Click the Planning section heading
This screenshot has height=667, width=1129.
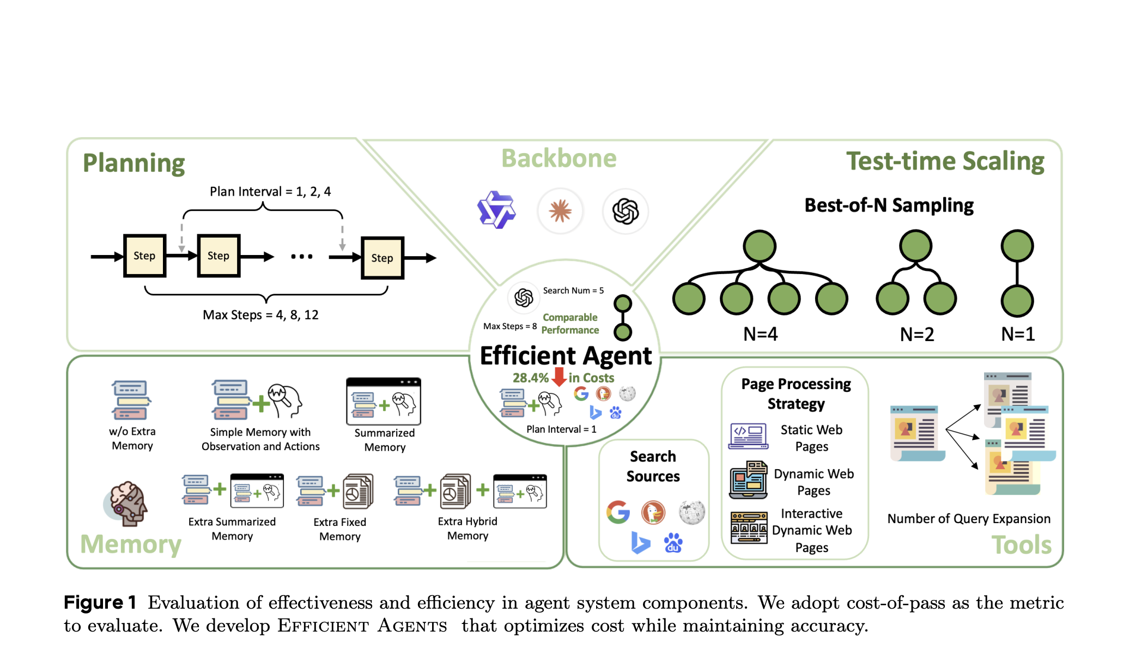(x=133, y=163)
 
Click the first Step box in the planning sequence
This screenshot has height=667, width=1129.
(x=144, y=256)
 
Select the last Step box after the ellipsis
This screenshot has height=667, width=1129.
(x=382, y=258)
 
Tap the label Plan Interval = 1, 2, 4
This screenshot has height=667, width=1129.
(x=270, y=192)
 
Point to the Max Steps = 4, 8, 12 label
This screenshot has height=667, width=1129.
(x=260, y=315)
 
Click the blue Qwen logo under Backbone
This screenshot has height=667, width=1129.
(x=496, y=210)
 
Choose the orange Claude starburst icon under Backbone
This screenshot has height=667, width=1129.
(x=560, y=211)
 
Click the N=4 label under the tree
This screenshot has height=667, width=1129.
(x=760, y=333)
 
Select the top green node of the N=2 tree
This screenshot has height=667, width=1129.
(x=915, y=246)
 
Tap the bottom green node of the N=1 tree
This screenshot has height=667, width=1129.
(x=1017, y=300)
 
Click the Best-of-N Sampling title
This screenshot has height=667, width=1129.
(x=889, y=205)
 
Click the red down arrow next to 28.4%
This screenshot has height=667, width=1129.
(x=559, y=377)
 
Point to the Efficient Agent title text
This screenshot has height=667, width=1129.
(x=566, y=356)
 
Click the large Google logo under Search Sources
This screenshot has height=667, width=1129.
(x=618, y=512)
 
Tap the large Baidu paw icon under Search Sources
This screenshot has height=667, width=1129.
(x=673, y=543)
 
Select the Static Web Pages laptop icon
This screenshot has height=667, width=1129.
(x=748, y=436)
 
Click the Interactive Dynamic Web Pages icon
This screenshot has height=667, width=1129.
(x=749, y=527)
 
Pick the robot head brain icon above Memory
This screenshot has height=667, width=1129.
(x=127, y=504)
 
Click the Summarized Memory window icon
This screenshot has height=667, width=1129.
(x=384, y=401)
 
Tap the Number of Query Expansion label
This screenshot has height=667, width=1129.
(x=968, y=519)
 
